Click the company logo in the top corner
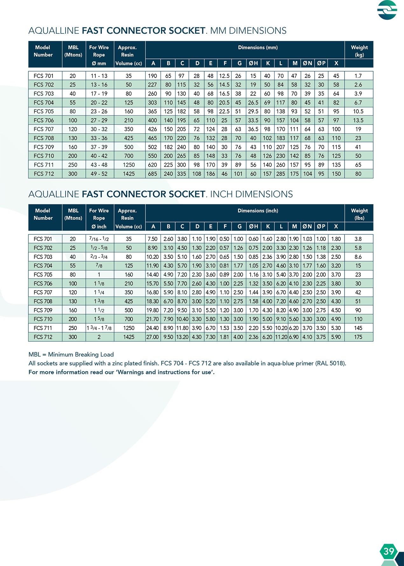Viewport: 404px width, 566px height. click(x=387, y=10)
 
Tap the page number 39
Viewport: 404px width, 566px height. click(x=389, y=551)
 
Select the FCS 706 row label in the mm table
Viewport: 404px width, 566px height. click(x=44, y=120)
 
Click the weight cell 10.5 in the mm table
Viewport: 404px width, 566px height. click(x=358, y=111)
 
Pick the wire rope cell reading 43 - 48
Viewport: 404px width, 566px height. click(x=99, y=165)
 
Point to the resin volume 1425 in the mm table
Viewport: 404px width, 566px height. click(x=129, y=174)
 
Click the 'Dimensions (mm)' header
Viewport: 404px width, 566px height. click(x=258, y=48)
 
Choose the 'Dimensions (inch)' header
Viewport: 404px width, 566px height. click(x=258, y=211)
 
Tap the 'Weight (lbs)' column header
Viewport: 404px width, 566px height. click(x=359, y=214)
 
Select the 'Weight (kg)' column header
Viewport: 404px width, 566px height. click(x=359, y=51)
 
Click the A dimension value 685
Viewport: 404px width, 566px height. click(x=153, y=174)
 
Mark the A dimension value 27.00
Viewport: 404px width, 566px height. click(x=153, y=337)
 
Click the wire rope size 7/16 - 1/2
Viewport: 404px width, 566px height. click(x=99, y=239)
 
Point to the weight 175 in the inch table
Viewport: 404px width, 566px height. click(x=358, y=337)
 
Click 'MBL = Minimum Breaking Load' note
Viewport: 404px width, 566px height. click(x=71, y=354)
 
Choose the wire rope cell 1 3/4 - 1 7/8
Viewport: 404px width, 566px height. click(x=99, y=328)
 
